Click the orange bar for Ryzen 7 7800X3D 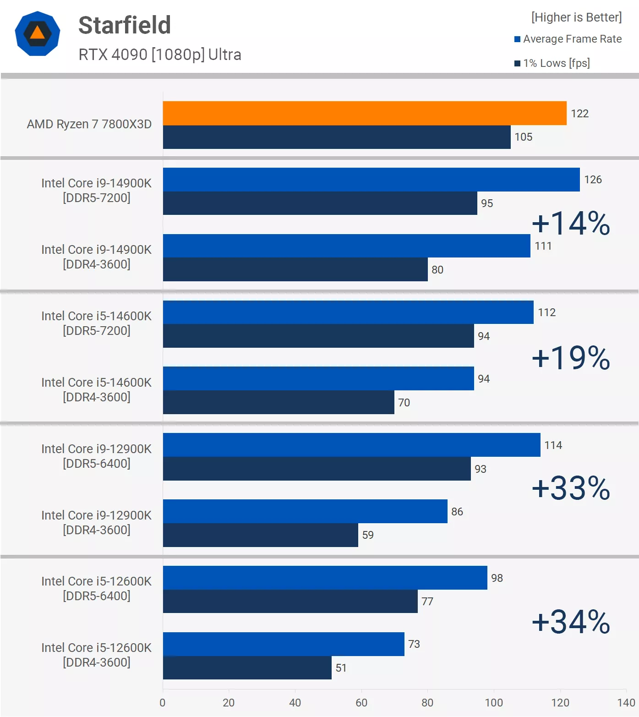coord(365,113)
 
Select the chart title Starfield coord(125,25)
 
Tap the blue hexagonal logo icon coord(38,34)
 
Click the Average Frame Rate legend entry coord(568,39)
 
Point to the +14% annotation coord(571,224)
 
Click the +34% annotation coord(571,622)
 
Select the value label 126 coord(593,180)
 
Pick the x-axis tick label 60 coord(361,703)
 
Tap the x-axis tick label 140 coord(626,703)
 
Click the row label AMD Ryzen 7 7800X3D coord(89,124)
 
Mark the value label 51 coord(341,668)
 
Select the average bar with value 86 coord(305,511)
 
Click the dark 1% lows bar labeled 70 coord(279,402)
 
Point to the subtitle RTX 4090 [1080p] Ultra coord(160,55)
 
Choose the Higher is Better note coord(576,17)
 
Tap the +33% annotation coord(571,488)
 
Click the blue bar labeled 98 coord(325,578)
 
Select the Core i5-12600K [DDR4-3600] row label coord(96,655)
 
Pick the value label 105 coord(523,137)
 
